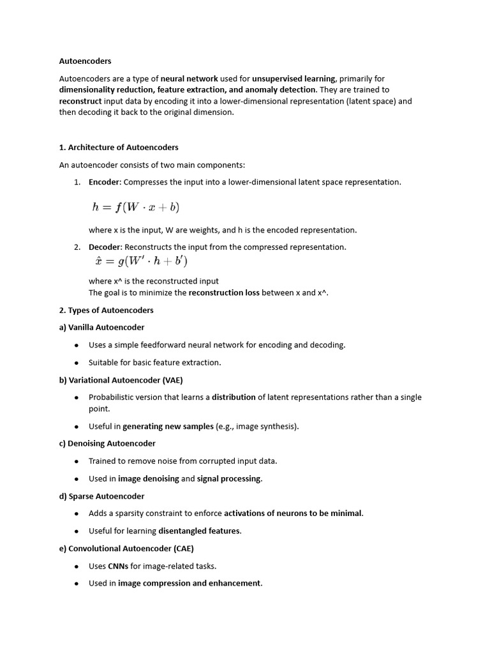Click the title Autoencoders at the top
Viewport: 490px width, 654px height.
click(x=85, y=61)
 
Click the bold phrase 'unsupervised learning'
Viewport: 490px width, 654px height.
click(x=293, y=79)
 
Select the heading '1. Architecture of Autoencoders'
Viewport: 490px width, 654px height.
click(x=119, y=148)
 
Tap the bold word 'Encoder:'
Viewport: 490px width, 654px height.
click(x=105, y=182)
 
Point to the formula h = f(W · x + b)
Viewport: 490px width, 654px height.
click(x=135, y=207)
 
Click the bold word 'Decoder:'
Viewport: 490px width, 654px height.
click(x=105, y=247)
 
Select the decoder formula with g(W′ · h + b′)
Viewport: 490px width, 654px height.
click(x=140, y=262)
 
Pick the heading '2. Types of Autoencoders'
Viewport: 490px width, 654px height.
click(x=106, y=310)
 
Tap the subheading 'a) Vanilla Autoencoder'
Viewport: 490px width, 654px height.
click(x=101, y=328)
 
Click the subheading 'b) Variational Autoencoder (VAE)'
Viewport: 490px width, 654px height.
click(x=121, y=380)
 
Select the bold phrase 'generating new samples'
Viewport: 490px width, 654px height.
click(x=168, y=427)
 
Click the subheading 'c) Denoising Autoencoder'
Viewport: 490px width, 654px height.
click(x=107, y=443)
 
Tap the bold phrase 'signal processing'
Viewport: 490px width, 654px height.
click(x=229, y=478)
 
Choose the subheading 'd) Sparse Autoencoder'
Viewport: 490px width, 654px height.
click(x=101, y=496)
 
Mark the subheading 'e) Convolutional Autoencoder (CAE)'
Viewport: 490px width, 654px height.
click(x=126, y=549)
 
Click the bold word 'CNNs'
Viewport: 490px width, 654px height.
click(x=118, y=566)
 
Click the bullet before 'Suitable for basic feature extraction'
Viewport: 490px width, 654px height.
click(x=77, y=363)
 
